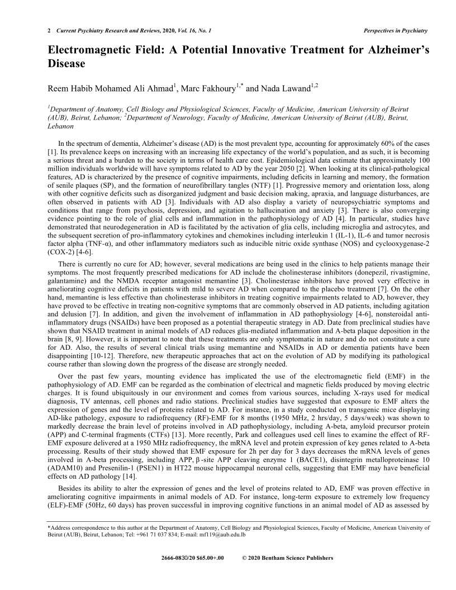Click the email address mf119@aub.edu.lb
click(229, 534)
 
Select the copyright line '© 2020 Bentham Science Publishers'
click(288, 558)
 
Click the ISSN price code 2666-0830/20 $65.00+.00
click(192, 558)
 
